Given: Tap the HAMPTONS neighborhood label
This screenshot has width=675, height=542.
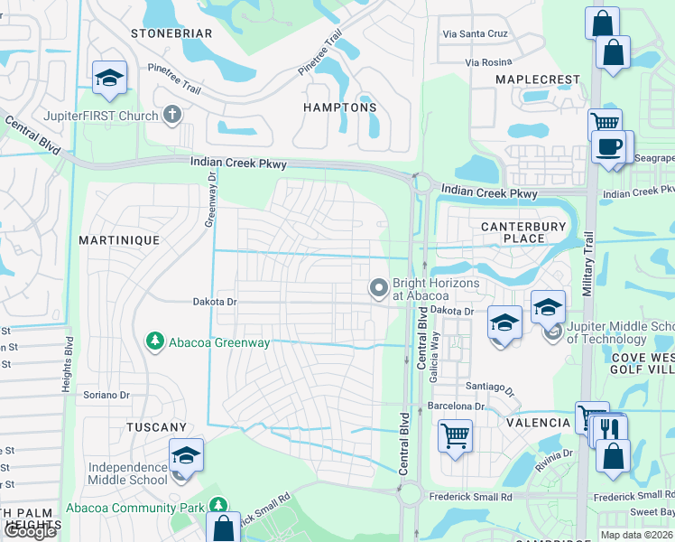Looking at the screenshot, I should click(339, 107).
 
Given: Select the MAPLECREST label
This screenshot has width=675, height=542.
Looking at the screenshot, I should click(538, 79).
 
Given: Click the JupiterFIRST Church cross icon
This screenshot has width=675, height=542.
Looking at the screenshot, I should click(172, 115).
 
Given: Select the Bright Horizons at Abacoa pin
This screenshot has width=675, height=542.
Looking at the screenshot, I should click(378, 288).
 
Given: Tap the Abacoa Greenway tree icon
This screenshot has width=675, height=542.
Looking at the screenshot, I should click(155, 341).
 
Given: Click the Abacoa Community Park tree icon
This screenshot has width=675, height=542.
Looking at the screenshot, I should click(217, 504).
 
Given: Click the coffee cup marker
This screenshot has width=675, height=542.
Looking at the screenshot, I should click(609, 146).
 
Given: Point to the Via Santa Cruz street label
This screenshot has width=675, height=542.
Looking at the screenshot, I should click(476, 33).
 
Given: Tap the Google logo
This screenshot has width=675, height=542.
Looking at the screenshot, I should click(30, 531).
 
